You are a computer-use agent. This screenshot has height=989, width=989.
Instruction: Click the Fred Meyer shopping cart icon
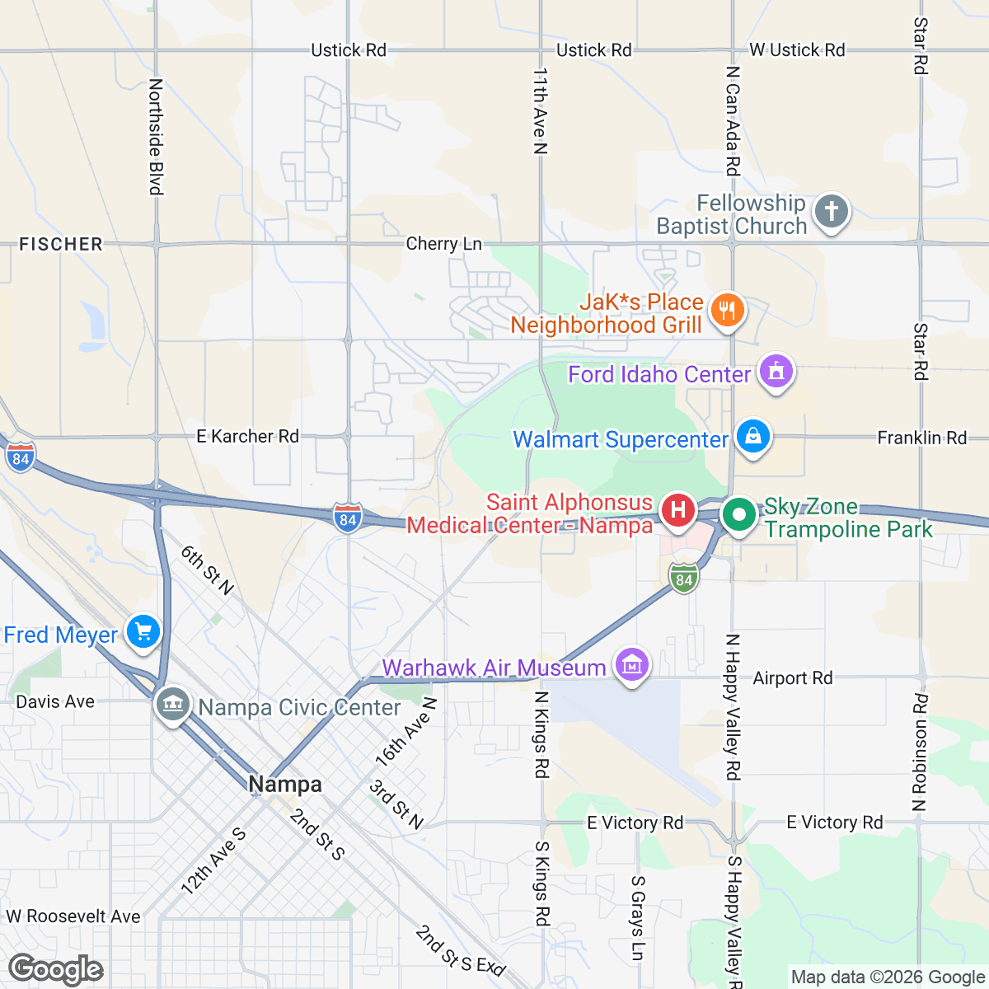pyautogui.click(x=143, y=633)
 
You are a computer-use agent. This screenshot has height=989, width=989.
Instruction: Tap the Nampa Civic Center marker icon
pyautogui.click(x=172, y=705)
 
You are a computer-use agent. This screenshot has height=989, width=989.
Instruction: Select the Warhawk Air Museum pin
pyautogui.click(x=632, y=665)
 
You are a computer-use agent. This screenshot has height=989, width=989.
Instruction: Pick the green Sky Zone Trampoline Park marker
pyautogui.click(x=739, y=515)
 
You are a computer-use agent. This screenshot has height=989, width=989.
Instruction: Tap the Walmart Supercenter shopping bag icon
pyautogui.click(x=753, y=437)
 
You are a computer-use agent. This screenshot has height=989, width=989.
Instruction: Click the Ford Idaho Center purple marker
pyautogui.click(x=776, y=372)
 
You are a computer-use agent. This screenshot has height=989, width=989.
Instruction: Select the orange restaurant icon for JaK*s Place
pyautogui.click(x=726, y=311)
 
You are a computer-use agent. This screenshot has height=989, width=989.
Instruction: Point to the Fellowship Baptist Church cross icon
pyautogui.click(x=832, y=212)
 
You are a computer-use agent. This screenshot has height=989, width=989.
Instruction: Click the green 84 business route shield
pyautogui.click(x=683, y=579)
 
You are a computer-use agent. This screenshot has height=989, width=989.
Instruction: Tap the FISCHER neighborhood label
pyautogui.click(x=61, y=244)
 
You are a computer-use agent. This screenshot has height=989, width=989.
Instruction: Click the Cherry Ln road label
pyautogui.click(x=443, y=244)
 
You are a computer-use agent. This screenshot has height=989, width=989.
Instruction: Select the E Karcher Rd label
pyautogui.click(x=247, y=436)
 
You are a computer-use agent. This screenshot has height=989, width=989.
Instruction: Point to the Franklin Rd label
pyautogui.click(x=921, y=438)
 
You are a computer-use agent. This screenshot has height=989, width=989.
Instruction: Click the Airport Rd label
pyautogui.click(x=792, y=678)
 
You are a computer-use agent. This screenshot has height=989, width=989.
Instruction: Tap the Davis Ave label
pyautogui.click(x=55, y=701)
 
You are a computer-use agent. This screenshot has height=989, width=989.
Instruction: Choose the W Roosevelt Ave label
pyautogui.click(x=73, y=916)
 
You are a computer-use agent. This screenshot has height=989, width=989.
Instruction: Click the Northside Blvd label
pyautogui.click(x=156, y=137)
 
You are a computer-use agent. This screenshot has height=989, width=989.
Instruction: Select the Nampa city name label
pyautogui.click(x=285, y=784)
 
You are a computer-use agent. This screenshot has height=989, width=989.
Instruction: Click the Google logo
pyautogui.click(x=56, y=970)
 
